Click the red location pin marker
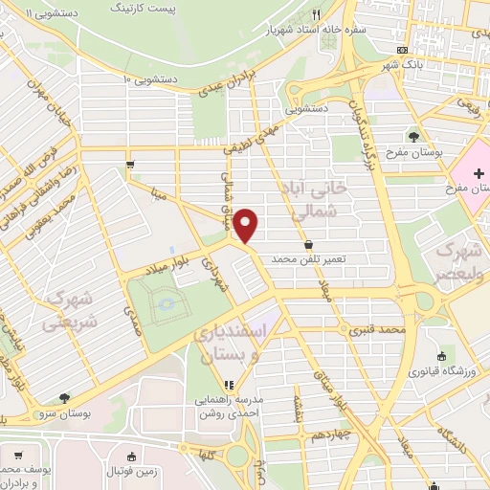pos(247,225)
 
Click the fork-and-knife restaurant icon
pos(317,14)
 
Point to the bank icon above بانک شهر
pos(403,51)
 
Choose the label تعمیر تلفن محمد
pos(307,259)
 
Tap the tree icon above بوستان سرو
pos(64,396)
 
